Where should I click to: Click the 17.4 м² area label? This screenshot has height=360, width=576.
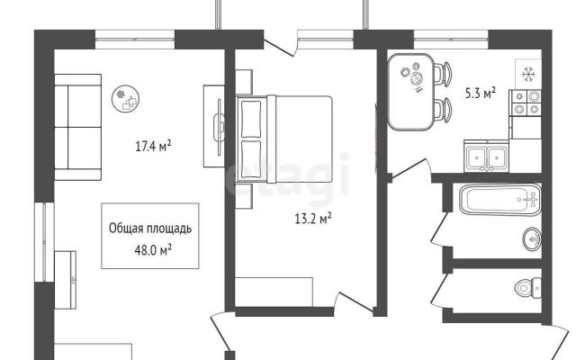(x=153, y=146)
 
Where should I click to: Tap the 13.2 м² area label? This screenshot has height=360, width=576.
(x=313, y=219)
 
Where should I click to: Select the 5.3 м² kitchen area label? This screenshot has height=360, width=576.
(x=481, y=93)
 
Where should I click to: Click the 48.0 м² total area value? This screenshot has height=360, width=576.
(x=154, y=250)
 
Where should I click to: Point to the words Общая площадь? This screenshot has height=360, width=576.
(x=150, y=228)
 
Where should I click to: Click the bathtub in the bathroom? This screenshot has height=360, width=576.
(x=500, y=200)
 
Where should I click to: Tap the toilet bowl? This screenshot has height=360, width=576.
(x=528, y=288)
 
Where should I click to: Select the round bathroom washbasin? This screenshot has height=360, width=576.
(x=532, y=238)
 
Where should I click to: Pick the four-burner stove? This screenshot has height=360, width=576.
(x=526, y=103)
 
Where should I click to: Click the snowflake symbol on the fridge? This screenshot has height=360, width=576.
(x=528, y=75)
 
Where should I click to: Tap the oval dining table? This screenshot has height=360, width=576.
(x=411, y=92)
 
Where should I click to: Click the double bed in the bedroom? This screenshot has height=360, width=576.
(x=285, y=139)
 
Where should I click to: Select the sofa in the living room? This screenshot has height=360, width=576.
(x=78, y=127)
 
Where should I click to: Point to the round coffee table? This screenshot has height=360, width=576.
(x=126, y=98)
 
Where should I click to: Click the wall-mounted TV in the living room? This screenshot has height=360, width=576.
(x=220, y=127)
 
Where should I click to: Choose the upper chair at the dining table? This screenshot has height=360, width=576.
(x=443, y=74)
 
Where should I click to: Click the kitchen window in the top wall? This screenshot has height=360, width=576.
(x=451, y=40)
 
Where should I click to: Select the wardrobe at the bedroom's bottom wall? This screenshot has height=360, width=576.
(x=274, y=292)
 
